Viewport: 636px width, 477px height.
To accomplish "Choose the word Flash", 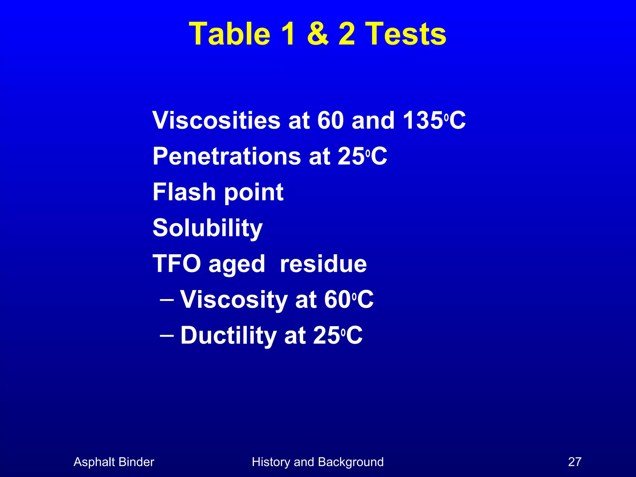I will coord(184,192).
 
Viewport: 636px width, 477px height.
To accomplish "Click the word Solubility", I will coord(207,228).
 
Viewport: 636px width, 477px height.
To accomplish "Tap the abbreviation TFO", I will coord(177,264).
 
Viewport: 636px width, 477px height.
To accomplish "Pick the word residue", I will coord(323,264).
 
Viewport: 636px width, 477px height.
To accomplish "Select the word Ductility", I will coord(229,335).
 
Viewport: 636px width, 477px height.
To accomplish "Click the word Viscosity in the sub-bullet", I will coord(234,300).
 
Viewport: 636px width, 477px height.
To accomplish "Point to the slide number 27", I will coord(575,462).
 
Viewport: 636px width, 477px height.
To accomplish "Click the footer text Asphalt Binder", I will coord(114,462).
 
